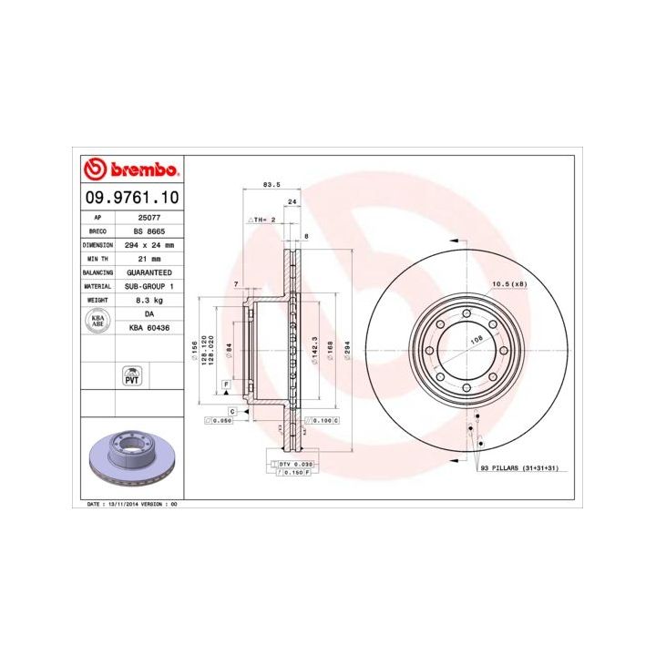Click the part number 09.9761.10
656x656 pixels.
131,197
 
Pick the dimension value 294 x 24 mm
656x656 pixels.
149,245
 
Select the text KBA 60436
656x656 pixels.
149,325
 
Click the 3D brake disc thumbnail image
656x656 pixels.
131,456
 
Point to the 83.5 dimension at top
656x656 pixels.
270,184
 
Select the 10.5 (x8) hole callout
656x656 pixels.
509,284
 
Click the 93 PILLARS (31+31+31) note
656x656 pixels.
519,466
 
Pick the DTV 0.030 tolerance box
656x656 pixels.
294,464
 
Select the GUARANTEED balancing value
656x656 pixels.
149,272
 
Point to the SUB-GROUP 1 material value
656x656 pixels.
149,286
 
